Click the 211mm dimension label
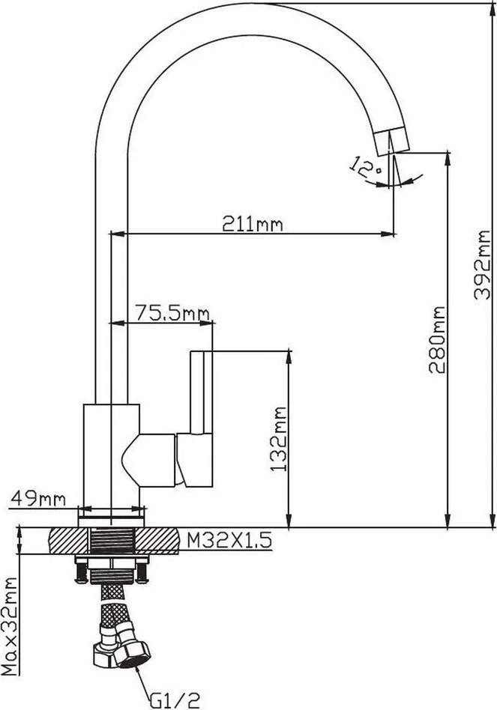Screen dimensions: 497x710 pyautogui.click(x=252, y=223)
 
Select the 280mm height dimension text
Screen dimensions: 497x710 pyautogui.click(x=437, y=339)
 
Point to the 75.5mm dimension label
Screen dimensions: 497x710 pyautogui.click(x=172, y=313)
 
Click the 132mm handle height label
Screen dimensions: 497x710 pyautogui.click(x=279, y=439)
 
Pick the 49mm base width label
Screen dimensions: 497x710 pyautogui.click(x=38, y=499)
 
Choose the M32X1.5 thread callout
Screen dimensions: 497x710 pyautogui.click(x=229, y=539)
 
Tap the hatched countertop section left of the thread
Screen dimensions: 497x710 pyautogui.click(x=69, y=541)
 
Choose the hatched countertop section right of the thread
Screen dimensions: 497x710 pyautogui.click(x=157, y=541)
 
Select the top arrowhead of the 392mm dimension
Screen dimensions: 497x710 pyautogui.click(x=493, y=10)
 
